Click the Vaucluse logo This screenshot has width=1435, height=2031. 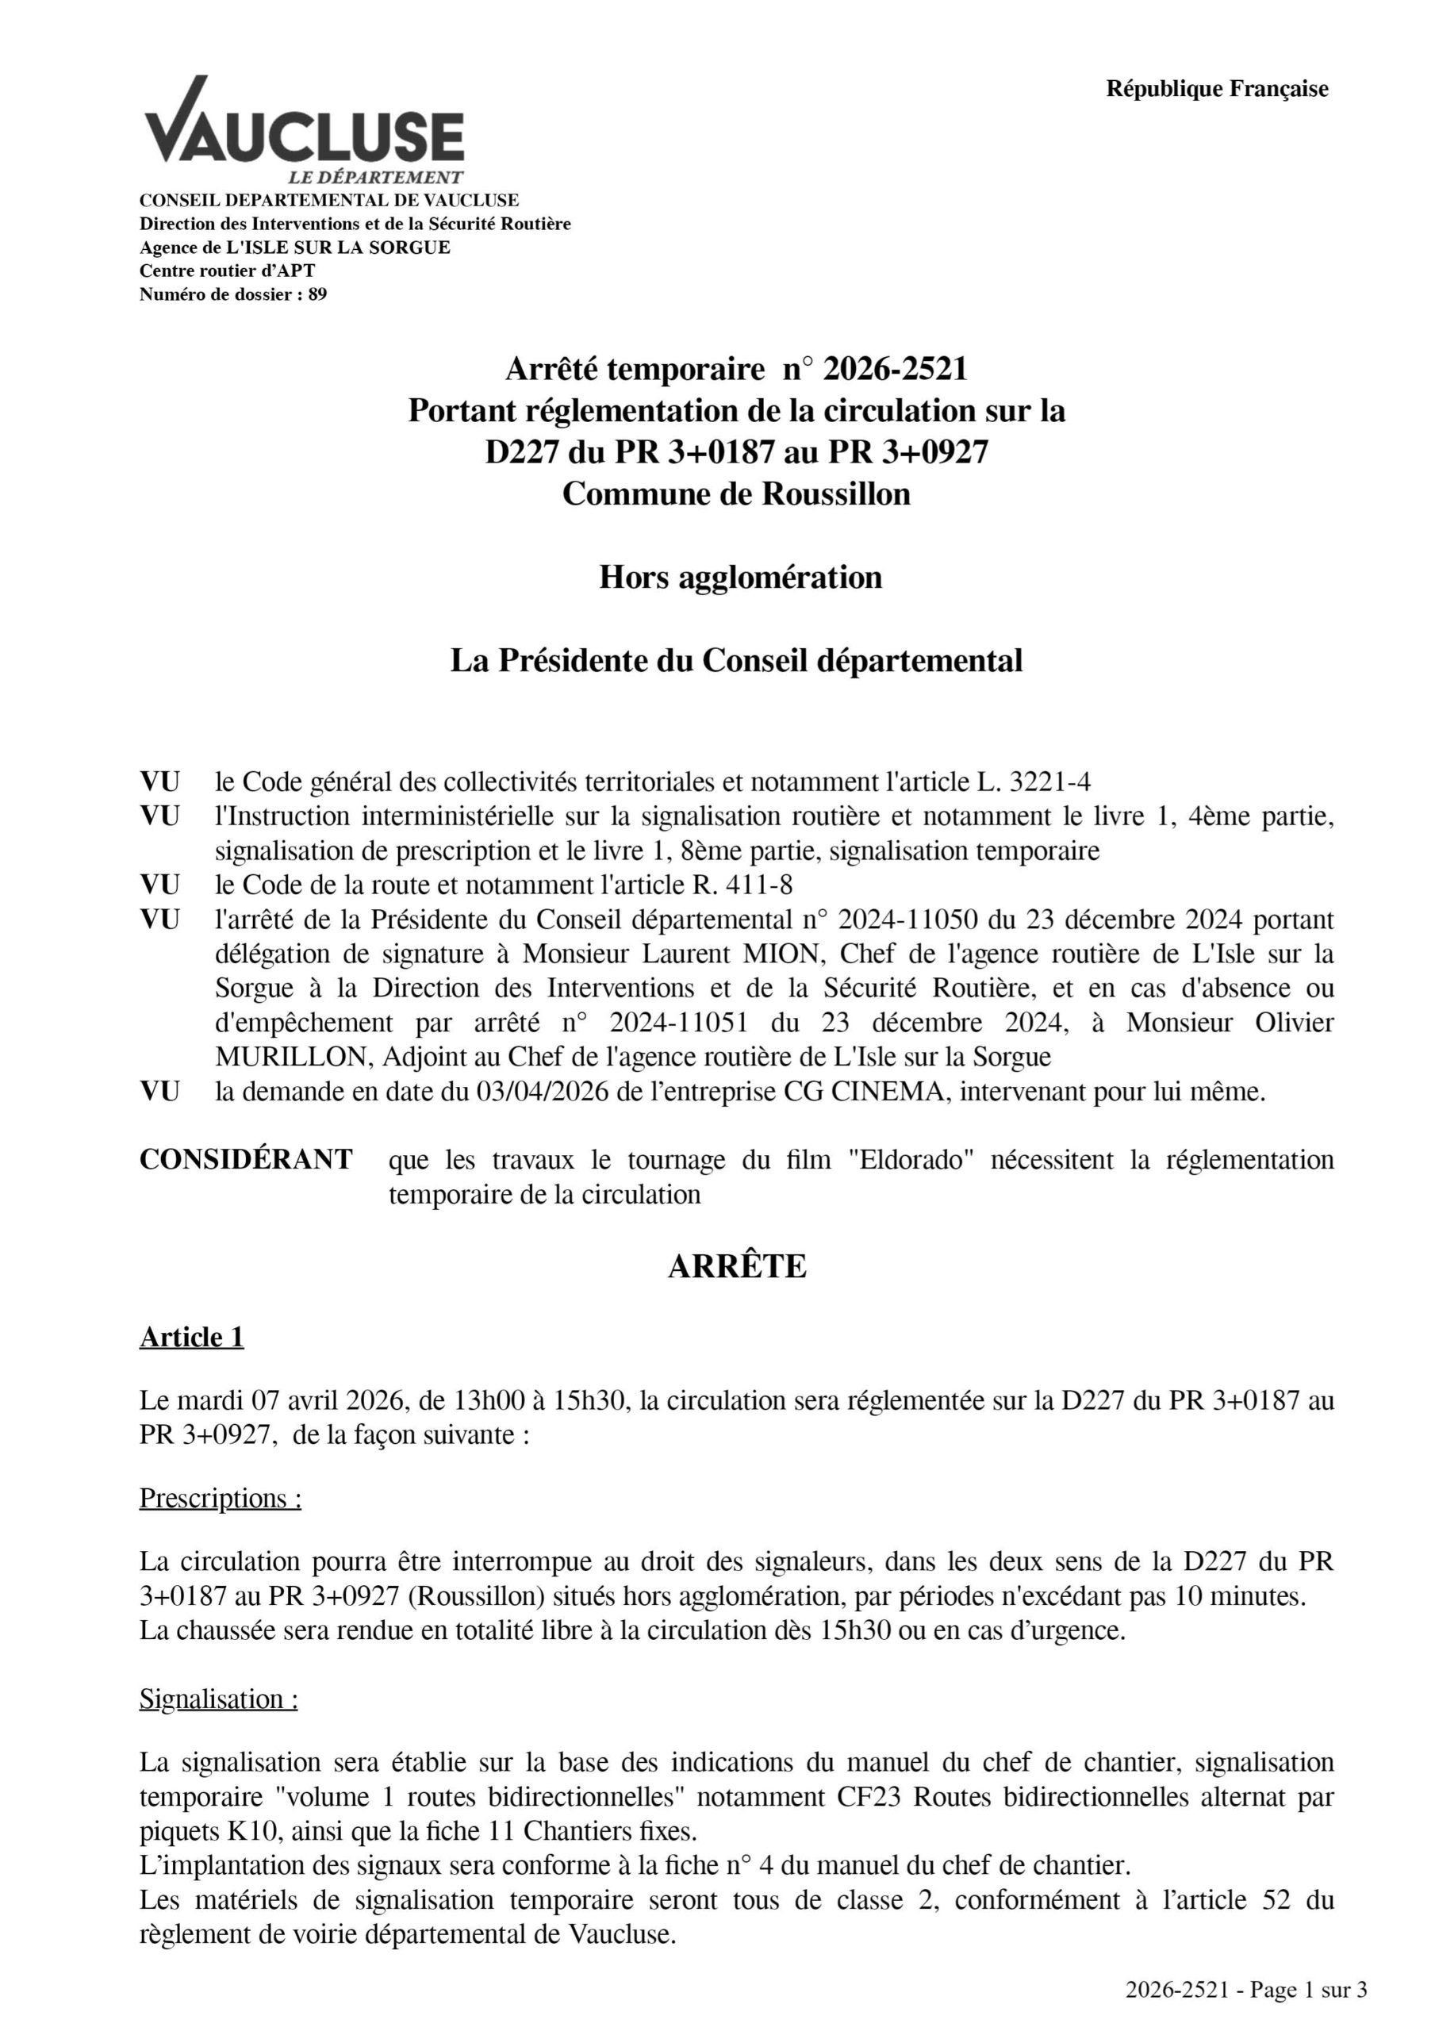pyautogui.click(x=304, y=129)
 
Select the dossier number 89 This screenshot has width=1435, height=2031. pyautogui.click(x=317, y=294)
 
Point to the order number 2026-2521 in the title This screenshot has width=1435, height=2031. pyautogui.click(x=895, y=369)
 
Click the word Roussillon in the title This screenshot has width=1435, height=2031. pyautogui.click(x=836, y=493)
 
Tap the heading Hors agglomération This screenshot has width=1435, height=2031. pyautogui.click(x=739, y=577)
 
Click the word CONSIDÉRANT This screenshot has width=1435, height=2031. pyautogui.click(x=246, y=1160)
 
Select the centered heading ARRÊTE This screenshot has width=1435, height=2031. pyautogui.click(x=736, y=1267)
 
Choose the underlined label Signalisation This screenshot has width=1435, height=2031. pyautogui.click(x=217, y=1699)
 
